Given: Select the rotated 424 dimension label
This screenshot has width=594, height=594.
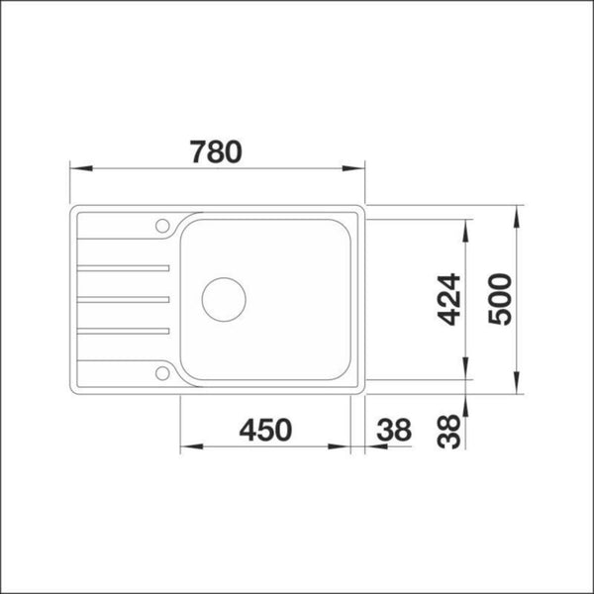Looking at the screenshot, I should (x=449, y=299).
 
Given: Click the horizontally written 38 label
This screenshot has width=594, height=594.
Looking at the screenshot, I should (x=393, y=431).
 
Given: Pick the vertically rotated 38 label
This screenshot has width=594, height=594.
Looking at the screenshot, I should (x=449, y=432).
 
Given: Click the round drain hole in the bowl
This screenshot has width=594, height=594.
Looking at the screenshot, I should (x=223, y=298).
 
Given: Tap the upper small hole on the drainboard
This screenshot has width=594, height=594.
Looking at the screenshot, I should (x=160, y=223).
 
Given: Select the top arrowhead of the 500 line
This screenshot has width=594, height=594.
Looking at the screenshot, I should (x=518, y=213).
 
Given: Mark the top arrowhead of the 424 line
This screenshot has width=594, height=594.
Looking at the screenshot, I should (x=466, y=225).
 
